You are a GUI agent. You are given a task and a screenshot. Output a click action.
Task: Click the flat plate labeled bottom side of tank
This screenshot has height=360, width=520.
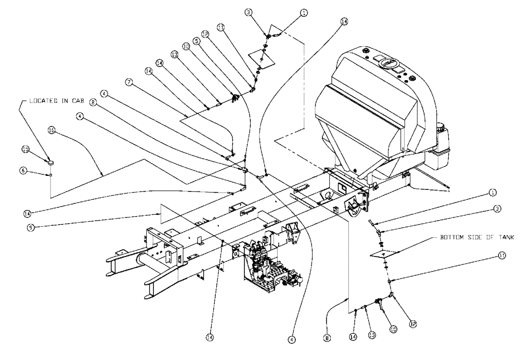pyautogui.click(x=386, y=255)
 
